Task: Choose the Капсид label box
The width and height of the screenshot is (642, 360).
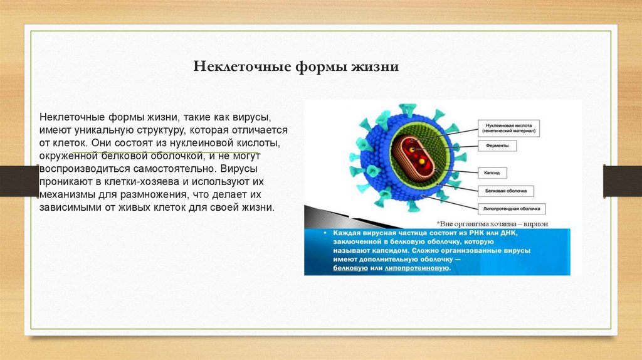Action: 492,171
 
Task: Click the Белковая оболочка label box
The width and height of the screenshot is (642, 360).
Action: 505,189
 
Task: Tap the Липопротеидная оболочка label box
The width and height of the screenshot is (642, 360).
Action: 511,208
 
